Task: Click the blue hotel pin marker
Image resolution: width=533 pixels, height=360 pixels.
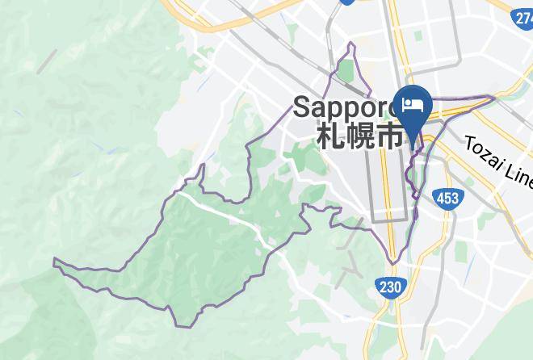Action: click(414, 109)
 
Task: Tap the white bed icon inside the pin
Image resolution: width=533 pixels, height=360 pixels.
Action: click(413, 104)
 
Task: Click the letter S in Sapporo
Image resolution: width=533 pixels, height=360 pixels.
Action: click(302, 106)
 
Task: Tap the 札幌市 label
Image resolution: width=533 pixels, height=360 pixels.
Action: click(359, 134)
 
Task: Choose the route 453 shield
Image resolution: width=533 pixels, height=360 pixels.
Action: click(446, 199)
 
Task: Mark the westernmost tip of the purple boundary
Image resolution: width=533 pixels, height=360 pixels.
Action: click(54, 261)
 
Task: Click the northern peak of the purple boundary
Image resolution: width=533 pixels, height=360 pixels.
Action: click(352, 44)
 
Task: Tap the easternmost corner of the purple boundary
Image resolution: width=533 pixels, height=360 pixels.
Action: click(493, 98)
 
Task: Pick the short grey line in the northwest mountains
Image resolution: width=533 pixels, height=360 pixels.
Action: click(47, 61)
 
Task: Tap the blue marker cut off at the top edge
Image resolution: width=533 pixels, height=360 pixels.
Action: click(347, 2)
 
